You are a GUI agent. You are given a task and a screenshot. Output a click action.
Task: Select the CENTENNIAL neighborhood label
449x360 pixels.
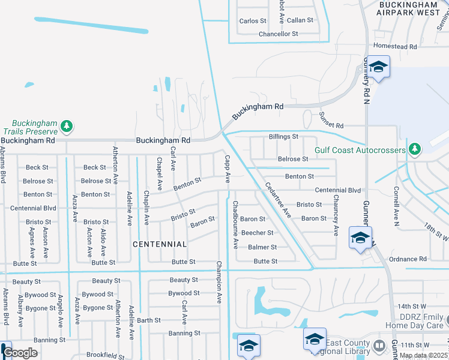tap(160, 244)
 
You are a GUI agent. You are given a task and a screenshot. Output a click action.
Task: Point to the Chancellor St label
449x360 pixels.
tap(279, 34)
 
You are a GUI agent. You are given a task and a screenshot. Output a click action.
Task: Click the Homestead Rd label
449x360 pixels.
tap(394, 46)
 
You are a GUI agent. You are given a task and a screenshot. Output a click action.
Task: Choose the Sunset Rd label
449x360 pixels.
tap(331, 125)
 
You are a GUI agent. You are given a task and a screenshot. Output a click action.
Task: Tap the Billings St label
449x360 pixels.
tap(283, 137)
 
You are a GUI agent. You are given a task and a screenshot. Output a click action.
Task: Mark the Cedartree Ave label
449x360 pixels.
tap(277, 200)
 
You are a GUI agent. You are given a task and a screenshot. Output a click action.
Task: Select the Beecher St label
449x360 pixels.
tap(258, 233)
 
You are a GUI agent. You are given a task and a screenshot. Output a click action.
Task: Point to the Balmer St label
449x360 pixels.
tap(262, 247)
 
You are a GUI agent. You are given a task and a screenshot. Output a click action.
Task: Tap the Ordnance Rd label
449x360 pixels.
tap(408, 259)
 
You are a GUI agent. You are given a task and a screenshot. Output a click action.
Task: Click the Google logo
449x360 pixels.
tap(20, 353)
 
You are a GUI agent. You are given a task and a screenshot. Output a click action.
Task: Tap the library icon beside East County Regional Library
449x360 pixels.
tap(379, 346)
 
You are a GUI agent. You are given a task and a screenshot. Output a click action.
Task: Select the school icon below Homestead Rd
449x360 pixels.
tap(378, 67)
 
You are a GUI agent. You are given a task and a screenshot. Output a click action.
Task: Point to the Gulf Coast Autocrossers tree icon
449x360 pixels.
tap(413, 148)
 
